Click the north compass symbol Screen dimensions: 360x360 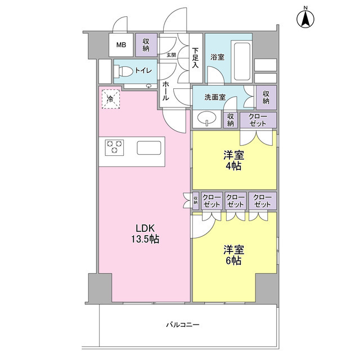305,19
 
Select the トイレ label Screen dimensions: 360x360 142,71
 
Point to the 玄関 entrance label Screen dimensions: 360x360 171,55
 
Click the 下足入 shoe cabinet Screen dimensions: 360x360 195,58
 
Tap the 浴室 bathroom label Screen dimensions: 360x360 218,57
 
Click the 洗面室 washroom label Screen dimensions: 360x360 215,97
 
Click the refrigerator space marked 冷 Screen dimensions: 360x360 110,100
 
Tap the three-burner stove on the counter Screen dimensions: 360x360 115,147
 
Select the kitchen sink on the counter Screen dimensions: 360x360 150,148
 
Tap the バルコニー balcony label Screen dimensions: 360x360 183,325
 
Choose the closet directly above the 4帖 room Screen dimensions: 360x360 258,119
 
